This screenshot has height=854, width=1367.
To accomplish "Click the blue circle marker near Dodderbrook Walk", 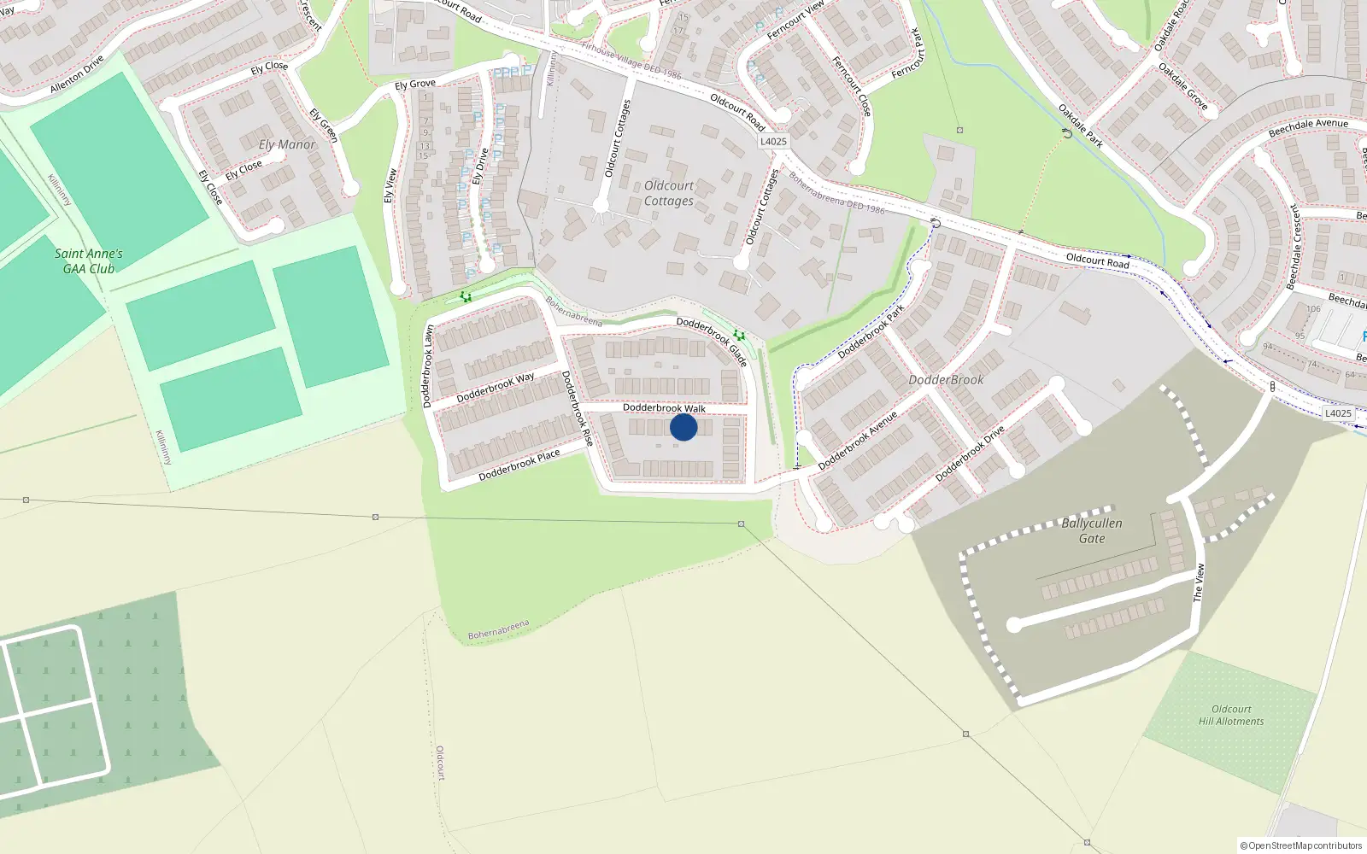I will pyautogui.click(x=683, y=427).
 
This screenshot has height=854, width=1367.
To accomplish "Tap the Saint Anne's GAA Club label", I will pyautogui.click(x=89, y=260).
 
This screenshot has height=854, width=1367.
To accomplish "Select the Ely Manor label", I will pyautogui.click(x=287, y=144).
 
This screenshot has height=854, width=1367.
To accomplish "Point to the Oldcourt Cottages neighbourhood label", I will pyautogui.click(x=669, y=193).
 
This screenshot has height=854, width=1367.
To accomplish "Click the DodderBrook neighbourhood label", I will pyautogui.click(x=946, y=379).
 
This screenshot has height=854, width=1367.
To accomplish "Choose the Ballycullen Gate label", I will pyautogui.click(x=1092, y=530).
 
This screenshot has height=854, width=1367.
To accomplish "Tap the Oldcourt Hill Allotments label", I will pyautogui.click(x=1231, y=715).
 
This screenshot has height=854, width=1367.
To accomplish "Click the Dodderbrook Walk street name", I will pyautogui.click(x=664, y=408).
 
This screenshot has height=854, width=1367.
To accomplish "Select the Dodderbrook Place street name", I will pyautogui.click(x=519, y=465).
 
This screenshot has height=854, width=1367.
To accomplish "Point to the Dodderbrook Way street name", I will pyautogui.click(x=496, y=388).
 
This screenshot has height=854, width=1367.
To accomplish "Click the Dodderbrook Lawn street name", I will pyautogui.click(x=428, y=366).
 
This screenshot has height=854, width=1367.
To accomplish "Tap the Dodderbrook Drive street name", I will pyautogui.click(x=970, y=453).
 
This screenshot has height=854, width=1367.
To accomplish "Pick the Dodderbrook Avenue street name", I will pyautogui.click(x=858, y=441).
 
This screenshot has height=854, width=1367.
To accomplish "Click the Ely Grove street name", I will pyautogui.click(x=415, y=84).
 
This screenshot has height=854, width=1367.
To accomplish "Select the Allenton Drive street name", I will pyautogui.click(x=77, y=74).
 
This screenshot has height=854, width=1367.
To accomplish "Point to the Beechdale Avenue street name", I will pyautogui.click(x=1308, y=128).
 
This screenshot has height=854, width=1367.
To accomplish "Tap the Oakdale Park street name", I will pyautogui.click(x=1081, y=126).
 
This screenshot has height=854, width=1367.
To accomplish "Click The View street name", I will pyautogui.click(x=1200, y=582).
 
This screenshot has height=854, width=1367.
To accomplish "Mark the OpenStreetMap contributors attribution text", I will pyautogui.click(x=1300, y=845).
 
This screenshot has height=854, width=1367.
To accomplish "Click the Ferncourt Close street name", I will pyautogui.click(x=852, y=86).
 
